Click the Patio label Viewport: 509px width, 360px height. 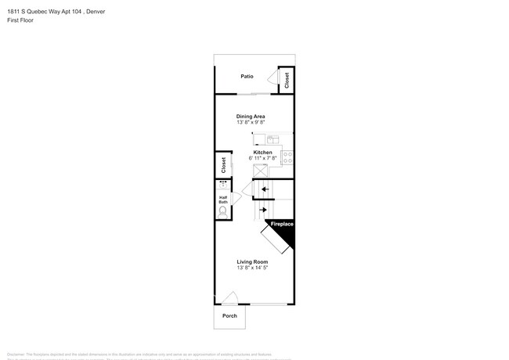click(x=247, y=76)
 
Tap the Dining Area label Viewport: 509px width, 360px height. click(x=251, y=117)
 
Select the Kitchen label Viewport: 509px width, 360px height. click(x=262, y=152)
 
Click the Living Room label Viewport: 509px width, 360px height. click(x=252, y=261)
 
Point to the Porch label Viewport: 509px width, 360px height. click(x=229, y=316)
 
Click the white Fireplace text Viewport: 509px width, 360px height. click(x=282, y=225)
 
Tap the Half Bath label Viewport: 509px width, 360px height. click(x=223, y=200)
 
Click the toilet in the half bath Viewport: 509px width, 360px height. click(x=223, y=211)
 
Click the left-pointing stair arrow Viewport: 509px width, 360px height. click(x=265, y=189)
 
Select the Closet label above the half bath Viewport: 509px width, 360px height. click(x=223, y=164)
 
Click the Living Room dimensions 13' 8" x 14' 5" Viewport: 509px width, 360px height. click(x=252, y=268)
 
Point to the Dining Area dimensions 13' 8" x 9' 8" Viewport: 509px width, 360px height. click(x=251, y=123)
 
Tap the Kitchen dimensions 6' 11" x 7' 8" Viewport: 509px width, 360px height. click(x=262, y=158)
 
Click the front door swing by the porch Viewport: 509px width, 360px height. click(x=229, y=298)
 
